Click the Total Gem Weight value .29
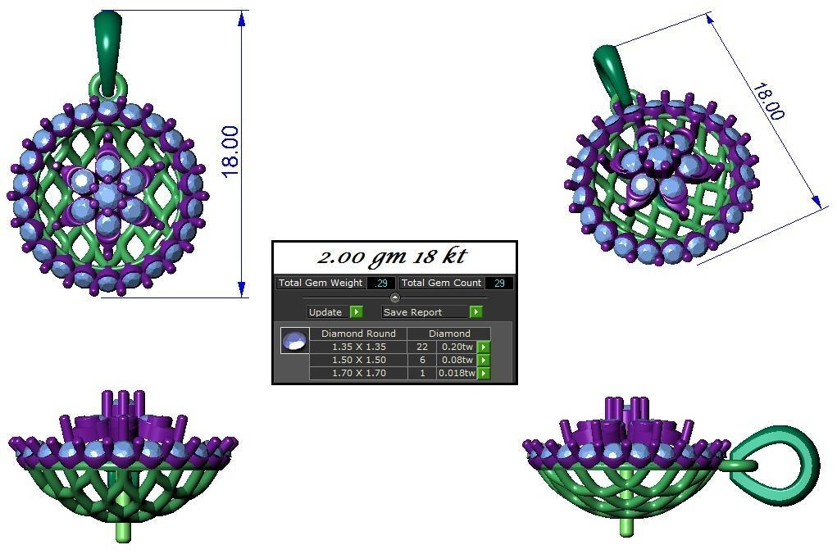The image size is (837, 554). (380, 283)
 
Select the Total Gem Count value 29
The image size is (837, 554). (498, 283)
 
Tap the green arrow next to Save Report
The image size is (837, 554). (475, 312)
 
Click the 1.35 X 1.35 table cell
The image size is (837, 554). (358, 347)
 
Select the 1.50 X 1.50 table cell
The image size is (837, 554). (358, 360)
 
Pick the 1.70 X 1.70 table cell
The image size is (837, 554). (358, 373)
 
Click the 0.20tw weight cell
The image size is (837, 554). (456, 347)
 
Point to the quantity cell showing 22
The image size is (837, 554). (422, 347)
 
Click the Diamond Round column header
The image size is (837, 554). (358, 334)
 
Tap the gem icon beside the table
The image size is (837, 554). (294, 341)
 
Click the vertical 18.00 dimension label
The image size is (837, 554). (230, 151)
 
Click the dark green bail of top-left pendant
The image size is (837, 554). (108, 45)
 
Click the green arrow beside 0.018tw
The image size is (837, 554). (484, 374)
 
